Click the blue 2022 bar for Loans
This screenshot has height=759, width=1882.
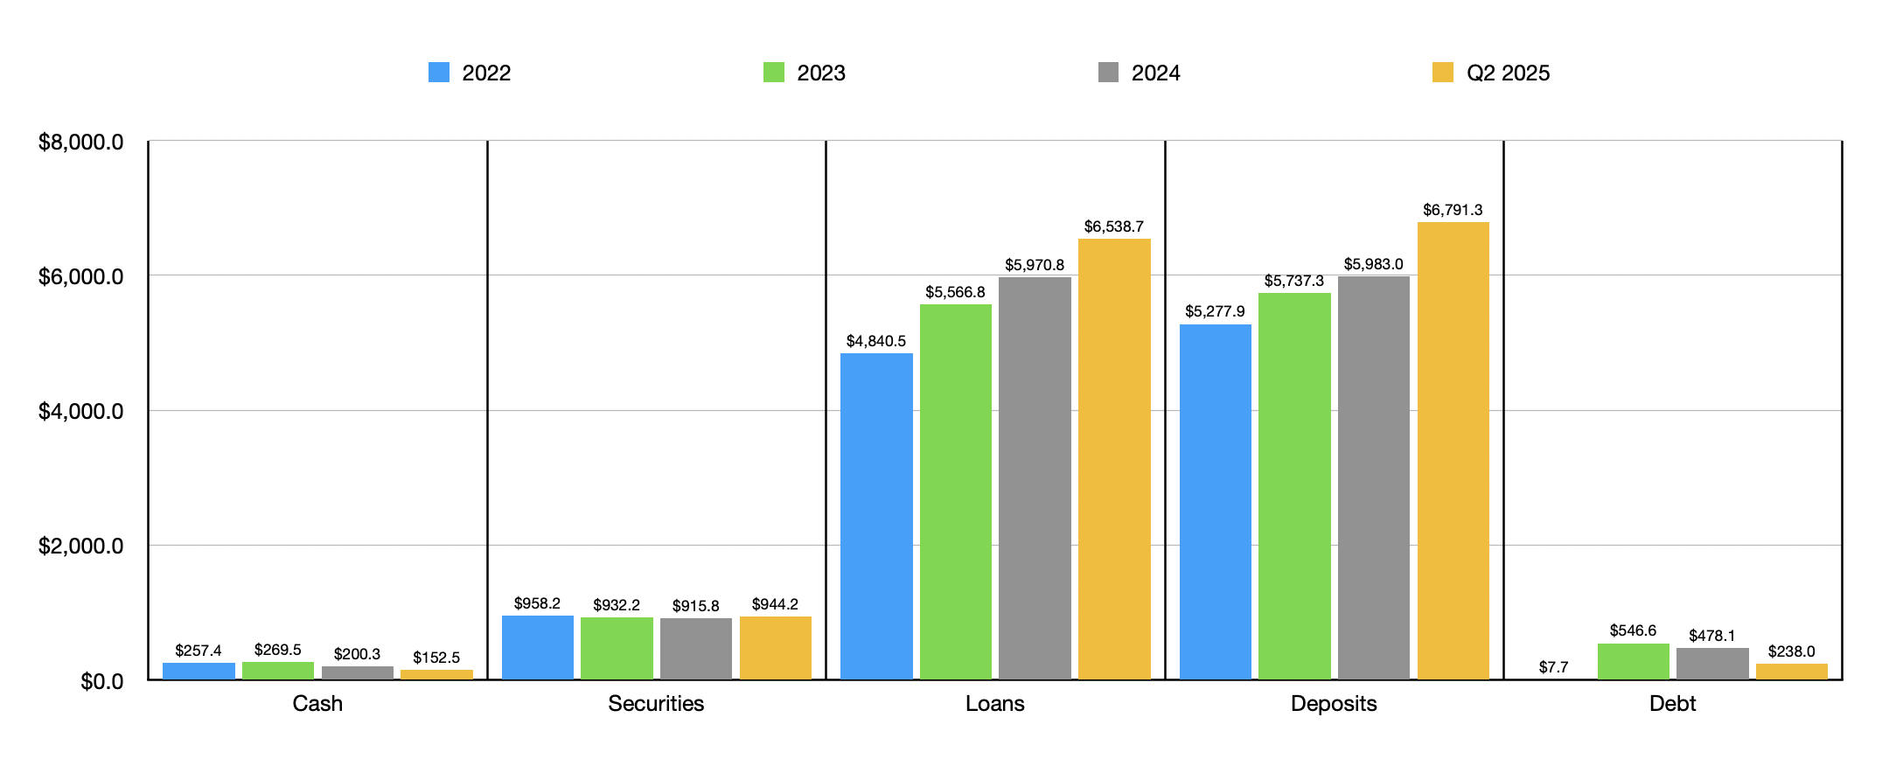(x=876, y=516)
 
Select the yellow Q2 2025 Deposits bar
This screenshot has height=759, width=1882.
(x=1453, y=450)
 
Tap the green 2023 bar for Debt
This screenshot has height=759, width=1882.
(x=1633, y=661)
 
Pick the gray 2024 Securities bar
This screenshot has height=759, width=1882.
(x=695, y=648)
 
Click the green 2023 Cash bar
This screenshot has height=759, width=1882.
(x=277, y=671)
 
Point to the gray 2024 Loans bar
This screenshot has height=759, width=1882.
(x=1035, y=477)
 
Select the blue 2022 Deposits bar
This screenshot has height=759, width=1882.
(x=1215, y=501)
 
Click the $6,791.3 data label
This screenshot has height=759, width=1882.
(x=1453, y=210)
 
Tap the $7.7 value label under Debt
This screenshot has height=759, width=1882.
(x=1553, y=667)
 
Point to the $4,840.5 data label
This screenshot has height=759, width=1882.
(x=875, y=341)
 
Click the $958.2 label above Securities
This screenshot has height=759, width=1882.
(x=537, y=603)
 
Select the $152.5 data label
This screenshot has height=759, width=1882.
(x=436, y=658)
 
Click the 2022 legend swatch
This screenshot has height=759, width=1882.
(x=439, y=73)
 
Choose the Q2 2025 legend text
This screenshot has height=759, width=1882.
(x=1508, y=73)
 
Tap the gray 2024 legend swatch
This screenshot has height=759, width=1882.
(x=1108, y=73)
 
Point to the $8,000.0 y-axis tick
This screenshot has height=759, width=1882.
(x=80, y=143)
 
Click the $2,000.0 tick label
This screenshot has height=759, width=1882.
(x=80, y=547)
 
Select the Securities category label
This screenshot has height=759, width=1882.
(x=656, y=704)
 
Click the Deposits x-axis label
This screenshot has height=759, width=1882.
(x=1334, y=704)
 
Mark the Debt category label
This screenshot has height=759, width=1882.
(x=1672, y=704)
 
